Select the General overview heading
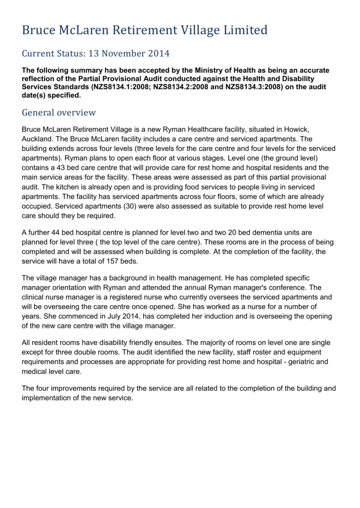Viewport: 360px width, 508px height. pos(59,112)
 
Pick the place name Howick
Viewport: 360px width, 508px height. pos(299,129)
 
